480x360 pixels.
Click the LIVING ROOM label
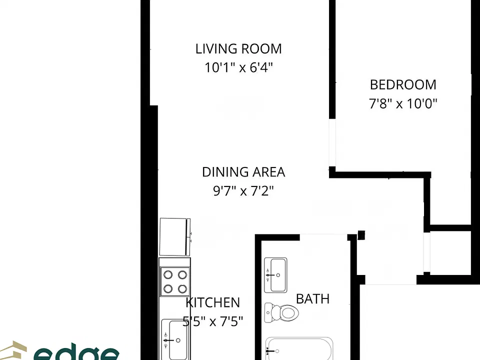tap(238, 49)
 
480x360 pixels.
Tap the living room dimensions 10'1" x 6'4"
tap(238, 67)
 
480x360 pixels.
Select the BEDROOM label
tap(403, 85)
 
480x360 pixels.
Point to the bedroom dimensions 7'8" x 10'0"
tap(403, 104)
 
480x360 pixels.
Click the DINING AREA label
tap(243, 172)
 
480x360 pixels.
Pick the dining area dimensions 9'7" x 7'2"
tap(243, 191)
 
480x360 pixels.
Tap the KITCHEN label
tap(213, 303)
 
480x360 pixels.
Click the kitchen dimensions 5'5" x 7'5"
tap(213, 321)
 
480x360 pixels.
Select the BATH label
tap(313, 299)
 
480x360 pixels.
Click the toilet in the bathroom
tap(281, 312)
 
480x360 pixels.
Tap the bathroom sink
tap(275, 275)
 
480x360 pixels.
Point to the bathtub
tap(299, 348)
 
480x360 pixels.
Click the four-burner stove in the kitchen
tap(175, 281)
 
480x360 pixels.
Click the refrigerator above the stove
tap(175, 237)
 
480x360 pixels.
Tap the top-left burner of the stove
tap(168, 274)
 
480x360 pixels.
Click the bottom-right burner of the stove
tap(182, 288)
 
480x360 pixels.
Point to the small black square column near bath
tap(361, 235)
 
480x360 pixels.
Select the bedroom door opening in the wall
tap(332, 142)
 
